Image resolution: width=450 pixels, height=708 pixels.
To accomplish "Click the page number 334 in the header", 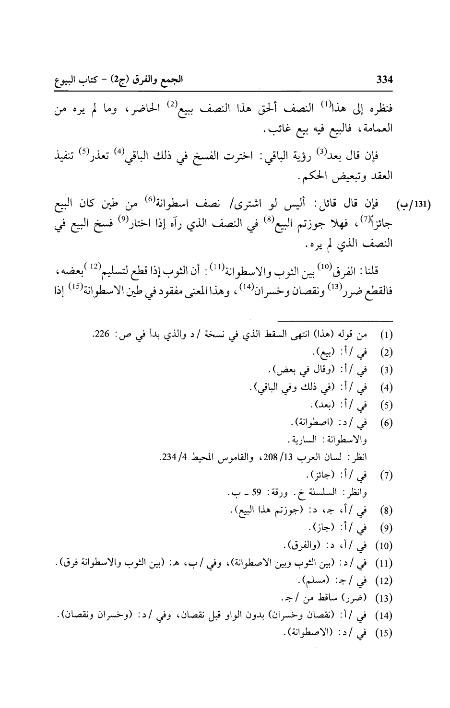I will (x=385, y=81).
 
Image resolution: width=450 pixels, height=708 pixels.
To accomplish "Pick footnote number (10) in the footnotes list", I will (x=386, y=546).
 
